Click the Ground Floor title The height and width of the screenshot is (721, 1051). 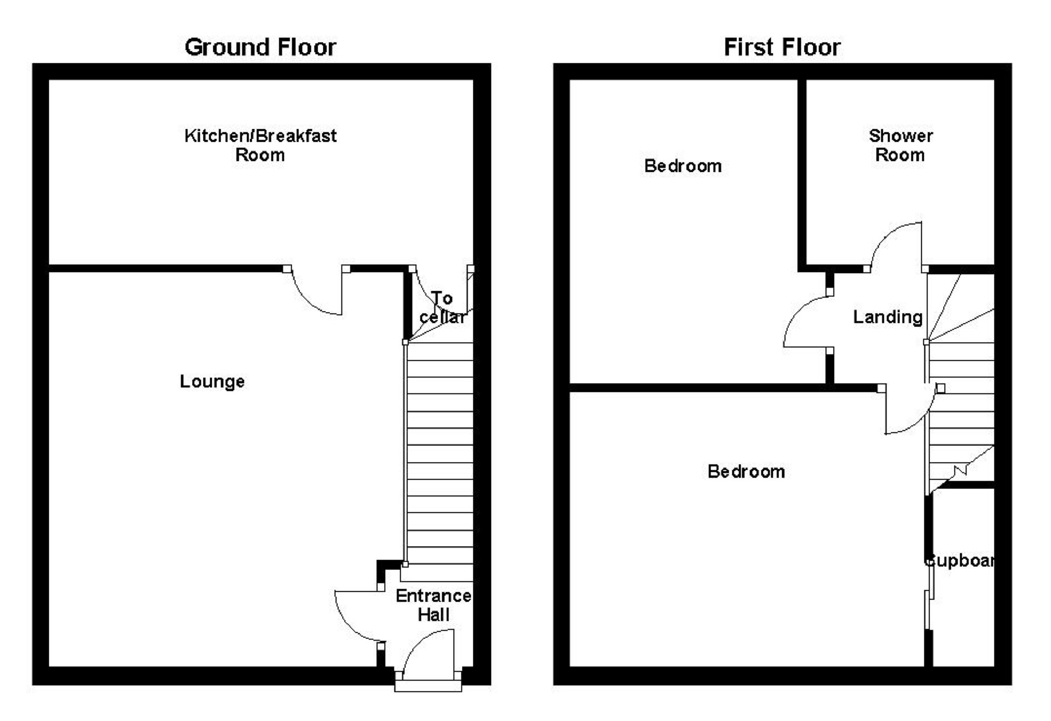point(260,47)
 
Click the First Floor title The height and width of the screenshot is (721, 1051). point(782,47)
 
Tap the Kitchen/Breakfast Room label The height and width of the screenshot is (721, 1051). point(260,145)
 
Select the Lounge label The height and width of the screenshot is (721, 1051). point(212,382)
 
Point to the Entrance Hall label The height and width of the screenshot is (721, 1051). point(433,605)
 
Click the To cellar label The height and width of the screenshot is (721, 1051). point(442,307)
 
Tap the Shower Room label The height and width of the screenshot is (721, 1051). point(900,145)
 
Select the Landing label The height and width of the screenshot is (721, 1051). point(888,317)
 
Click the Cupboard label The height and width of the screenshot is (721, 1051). point(960,561)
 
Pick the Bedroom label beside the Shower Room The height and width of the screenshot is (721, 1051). point(683,166)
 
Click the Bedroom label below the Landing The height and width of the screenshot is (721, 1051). point(746,471)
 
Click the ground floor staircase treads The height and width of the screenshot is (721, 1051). point(440,452)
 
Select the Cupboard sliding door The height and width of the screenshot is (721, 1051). point(929,597)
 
